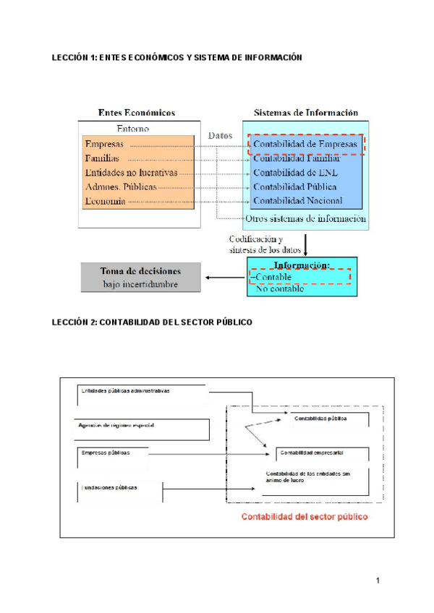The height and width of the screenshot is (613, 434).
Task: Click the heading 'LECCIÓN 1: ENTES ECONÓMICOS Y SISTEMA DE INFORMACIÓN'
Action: click(176, 57)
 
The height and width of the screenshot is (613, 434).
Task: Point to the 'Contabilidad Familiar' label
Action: click(296, 158)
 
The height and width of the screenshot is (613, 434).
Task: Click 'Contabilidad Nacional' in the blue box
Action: click(297, 201)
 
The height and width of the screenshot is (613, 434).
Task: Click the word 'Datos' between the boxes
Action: click(221, 135)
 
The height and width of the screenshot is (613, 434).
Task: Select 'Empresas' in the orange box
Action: click(104, 144)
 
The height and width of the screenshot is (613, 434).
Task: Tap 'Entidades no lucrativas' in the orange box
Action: click(130, 173)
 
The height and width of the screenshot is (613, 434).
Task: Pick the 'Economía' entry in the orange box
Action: click(106, 201)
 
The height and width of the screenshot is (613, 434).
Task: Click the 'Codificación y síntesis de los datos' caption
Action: click(255, 244)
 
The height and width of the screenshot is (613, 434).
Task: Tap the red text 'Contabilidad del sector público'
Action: click(305, 517)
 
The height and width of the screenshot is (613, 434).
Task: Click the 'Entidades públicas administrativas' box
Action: click(142, 395)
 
